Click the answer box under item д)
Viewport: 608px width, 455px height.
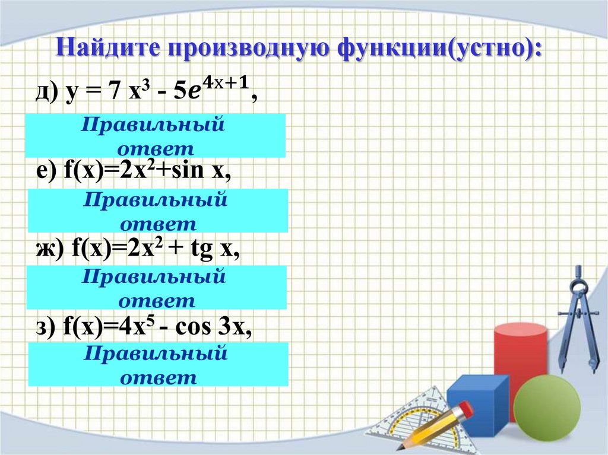click(156, 136)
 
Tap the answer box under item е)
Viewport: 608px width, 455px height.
click(158, 211)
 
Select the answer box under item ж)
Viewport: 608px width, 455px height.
click(157, 288)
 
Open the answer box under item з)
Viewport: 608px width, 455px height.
click(158, 364)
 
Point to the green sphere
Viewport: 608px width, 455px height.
click(546, 409)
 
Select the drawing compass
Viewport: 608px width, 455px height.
click(579, 320)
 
